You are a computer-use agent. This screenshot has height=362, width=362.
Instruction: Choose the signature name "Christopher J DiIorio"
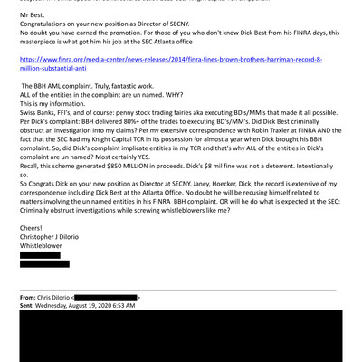click(x=61, y=237)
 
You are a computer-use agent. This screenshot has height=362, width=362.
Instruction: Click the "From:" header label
click(x=30, y=296)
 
